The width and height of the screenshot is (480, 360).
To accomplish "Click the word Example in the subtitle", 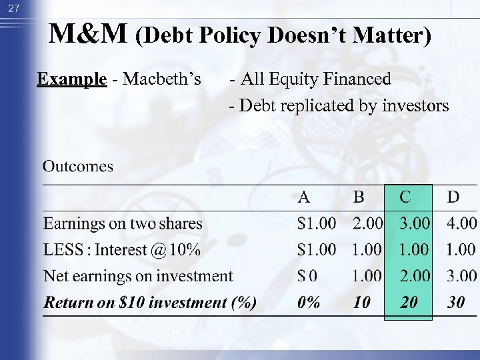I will [72, 79].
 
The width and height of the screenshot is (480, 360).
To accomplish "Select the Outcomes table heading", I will [78, 166].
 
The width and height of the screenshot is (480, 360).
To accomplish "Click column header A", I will [303, 197].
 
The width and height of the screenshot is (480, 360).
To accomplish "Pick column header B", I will [359, 197].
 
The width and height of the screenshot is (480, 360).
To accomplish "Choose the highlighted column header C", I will [405, 197].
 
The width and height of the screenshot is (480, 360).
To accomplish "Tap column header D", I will [453, 197].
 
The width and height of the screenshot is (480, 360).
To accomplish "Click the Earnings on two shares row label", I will [123, 223].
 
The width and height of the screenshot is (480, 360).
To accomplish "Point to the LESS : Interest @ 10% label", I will [122, 250].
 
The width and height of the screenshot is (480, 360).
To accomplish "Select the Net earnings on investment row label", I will [138, 276].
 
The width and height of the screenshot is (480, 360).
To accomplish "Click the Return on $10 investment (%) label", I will [150, 303].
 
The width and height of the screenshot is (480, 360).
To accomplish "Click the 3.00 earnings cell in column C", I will [415, 223].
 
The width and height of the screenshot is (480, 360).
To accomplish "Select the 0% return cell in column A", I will [309, 303].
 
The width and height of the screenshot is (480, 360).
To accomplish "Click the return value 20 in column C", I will [409, 303].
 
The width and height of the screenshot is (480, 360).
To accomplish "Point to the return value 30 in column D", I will [456, 303].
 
